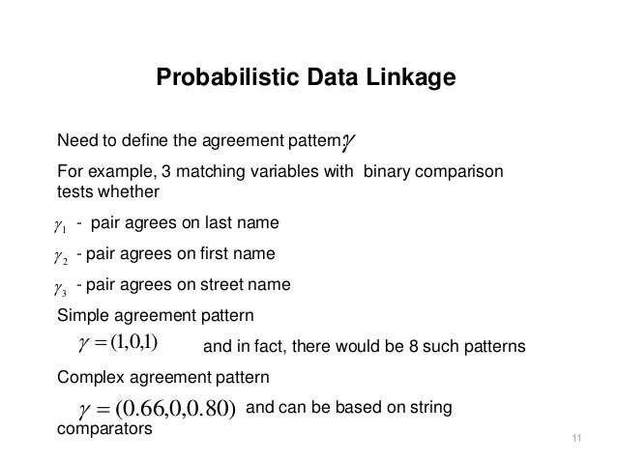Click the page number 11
[x=577, y=442]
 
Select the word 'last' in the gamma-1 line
[x=216, y=224]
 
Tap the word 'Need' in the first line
[x=77, y=143]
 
